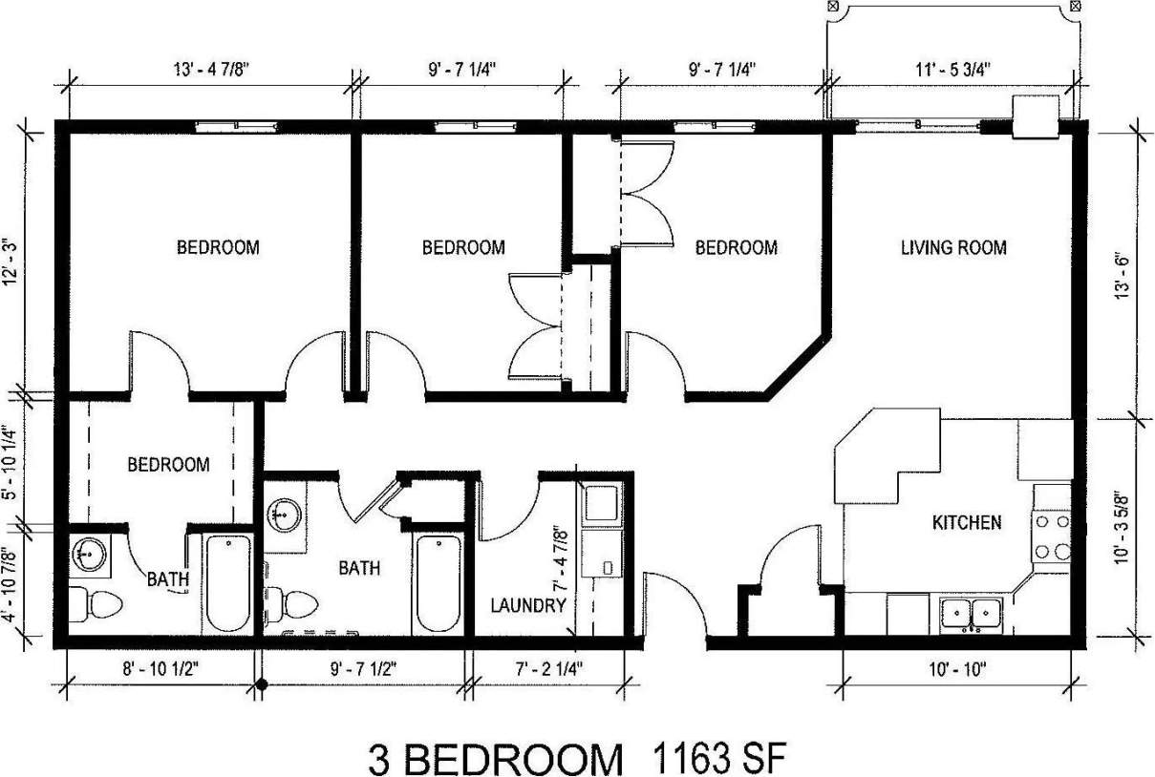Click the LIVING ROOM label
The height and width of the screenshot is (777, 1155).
pyautogui.click(x=953, y=248)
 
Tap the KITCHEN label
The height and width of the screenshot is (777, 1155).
pyautogui.click(x=967, y=522)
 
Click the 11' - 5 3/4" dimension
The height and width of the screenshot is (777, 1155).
pyautogui.click(x=953, y=68)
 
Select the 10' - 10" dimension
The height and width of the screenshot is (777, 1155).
pyautogui.click(x=955, y=669)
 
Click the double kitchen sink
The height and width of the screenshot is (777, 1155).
pyautogui.click(x=969, y=613)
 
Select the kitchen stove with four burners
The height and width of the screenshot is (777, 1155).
pyautogui.click(x=1051, y=535)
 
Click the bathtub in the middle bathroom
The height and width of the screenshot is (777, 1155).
pyautogui.click(x=438, y=583)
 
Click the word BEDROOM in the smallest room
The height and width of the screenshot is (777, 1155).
pyautogui.click(x=168, y=465)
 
